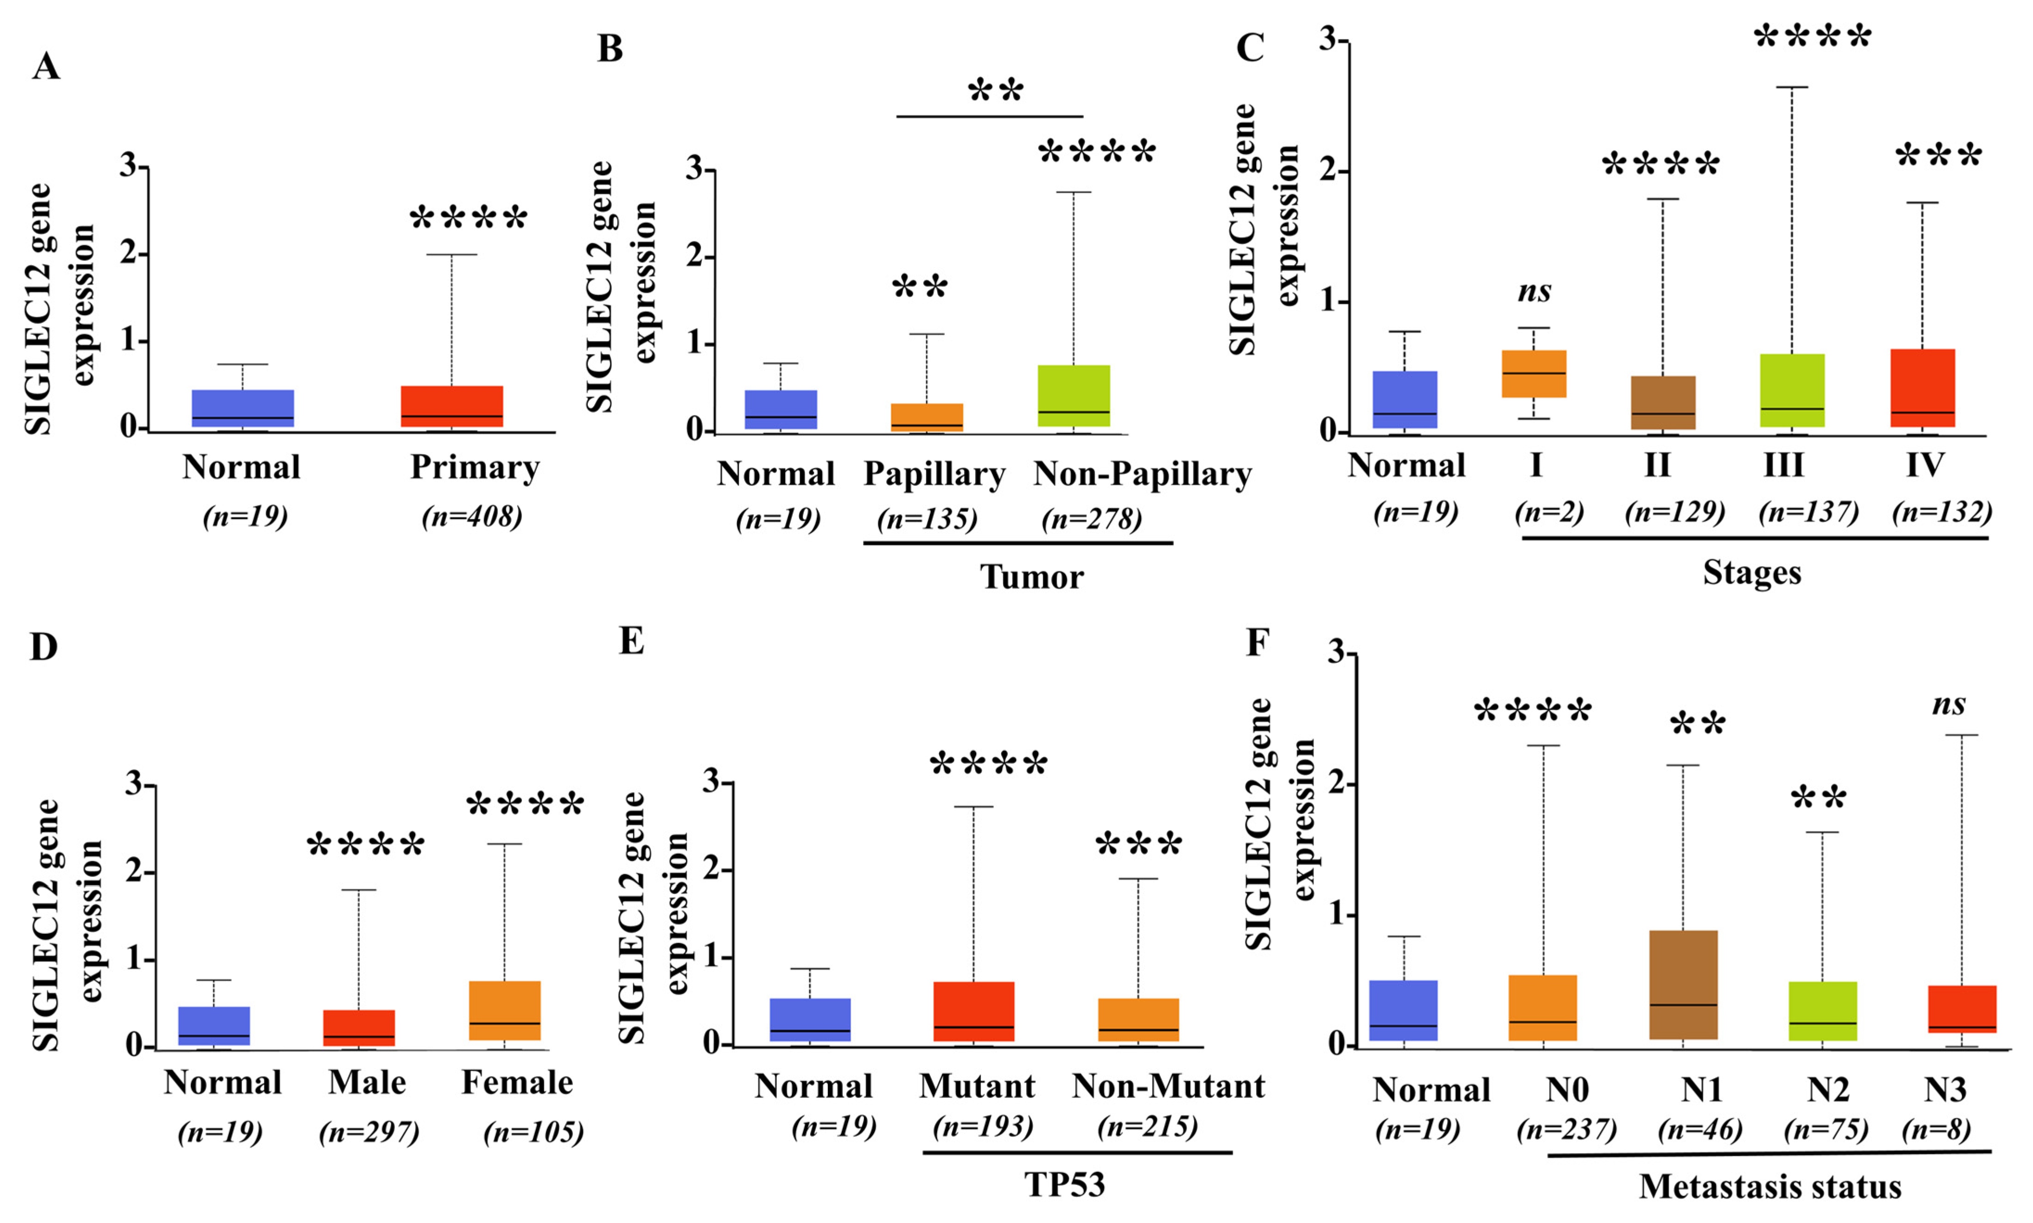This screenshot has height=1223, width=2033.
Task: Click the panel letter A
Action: click(x=46, y=66)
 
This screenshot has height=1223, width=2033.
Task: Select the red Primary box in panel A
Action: click(x=452, y=406)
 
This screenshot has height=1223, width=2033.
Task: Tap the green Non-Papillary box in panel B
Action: click(x=1074, y=396)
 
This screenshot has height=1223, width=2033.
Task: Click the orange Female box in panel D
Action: click(x=504, y=1010)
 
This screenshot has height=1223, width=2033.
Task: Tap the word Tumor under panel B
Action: click(x=1031, y=577)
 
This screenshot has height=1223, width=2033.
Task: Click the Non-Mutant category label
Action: click(x=1168, y=1086)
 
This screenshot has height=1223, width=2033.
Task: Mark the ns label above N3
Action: click(x=1949, y=705)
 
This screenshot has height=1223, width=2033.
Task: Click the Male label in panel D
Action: click(x=367, y=1082)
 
